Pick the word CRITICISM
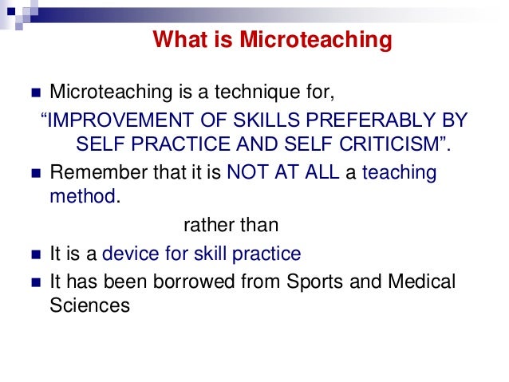click(373, 145)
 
